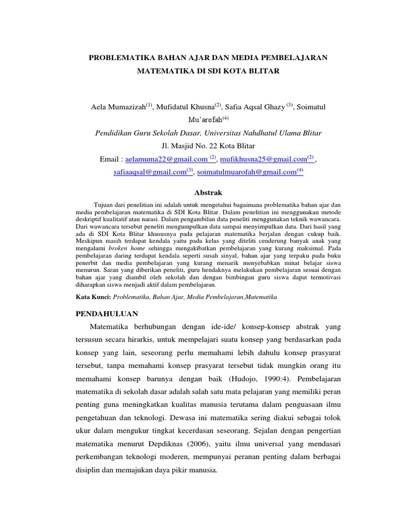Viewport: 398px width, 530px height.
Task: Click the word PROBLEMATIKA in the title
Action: (x=123, y=57)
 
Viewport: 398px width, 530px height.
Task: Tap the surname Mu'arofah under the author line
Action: (x=200, y=120)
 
